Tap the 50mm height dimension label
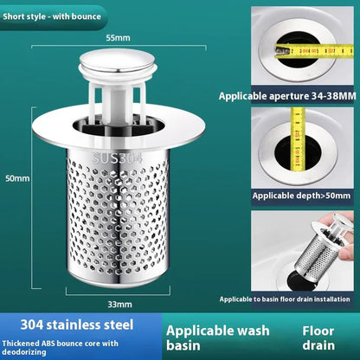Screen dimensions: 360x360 17,179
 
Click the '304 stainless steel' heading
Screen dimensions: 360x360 69,325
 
